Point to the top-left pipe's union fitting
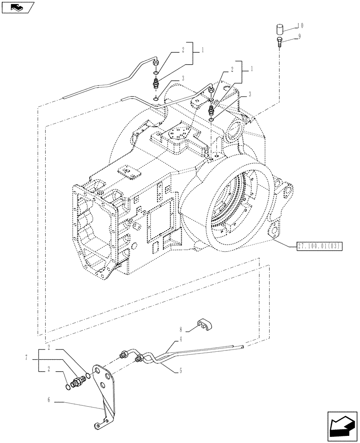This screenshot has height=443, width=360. (x=156, y=82)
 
